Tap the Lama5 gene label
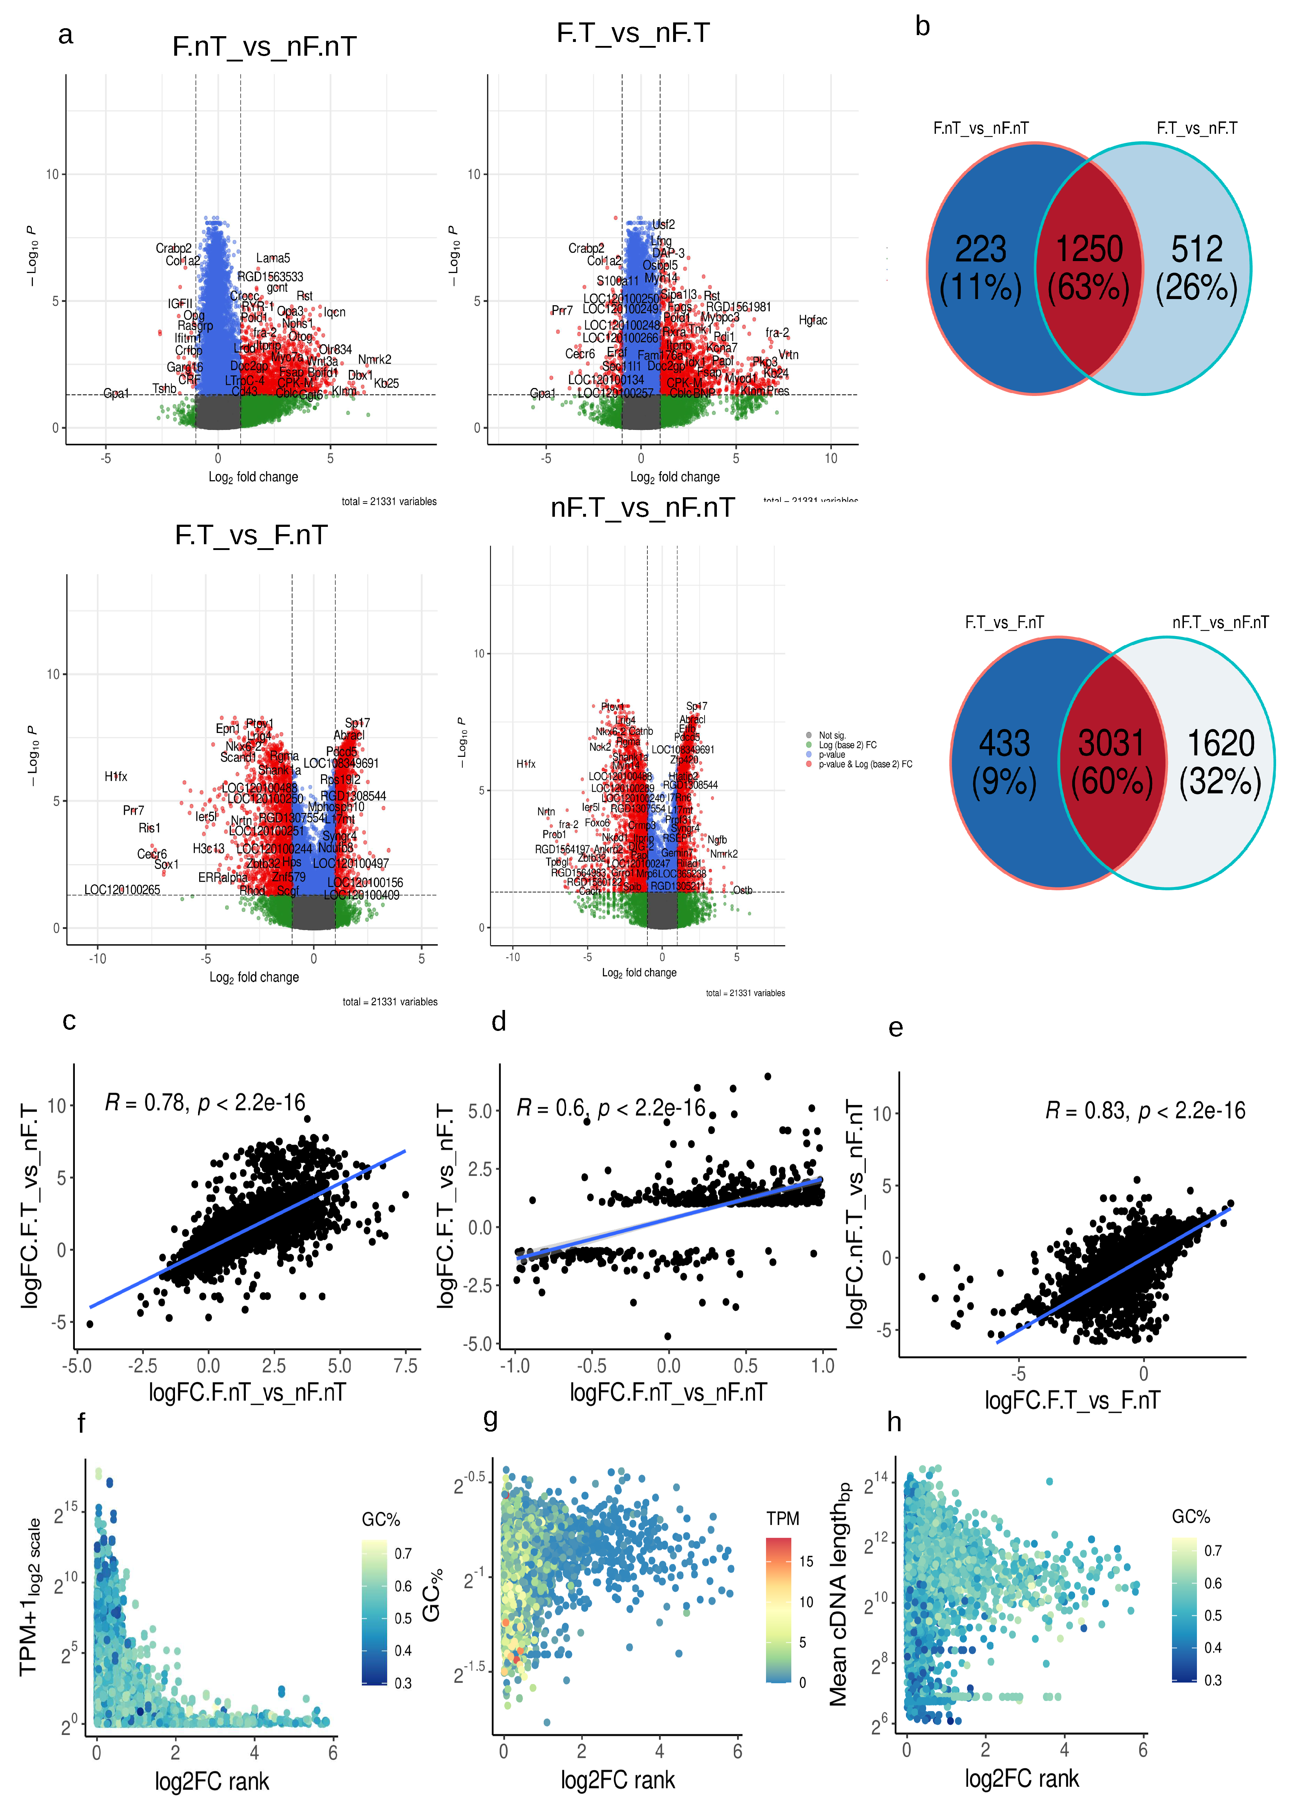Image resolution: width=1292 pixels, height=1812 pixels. [x=273, y=258]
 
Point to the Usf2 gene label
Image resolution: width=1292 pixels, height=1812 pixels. [x=663, y=225]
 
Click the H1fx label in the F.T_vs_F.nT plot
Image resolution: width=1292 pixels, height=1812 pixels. [x=116, y=777]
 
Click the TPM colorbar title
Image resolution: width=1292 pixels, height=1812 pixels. [x=783, y=1518]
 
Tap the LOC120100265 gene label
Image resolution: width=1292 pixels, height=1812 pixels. [x=123, y=890]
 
